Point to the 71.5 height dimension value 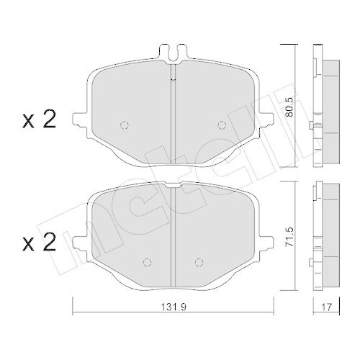coord(290,238)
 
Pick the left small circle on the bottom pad coord(148,261)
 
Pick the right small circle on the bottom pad coord(197,261)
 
